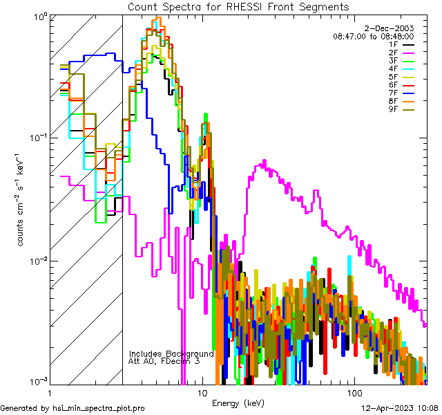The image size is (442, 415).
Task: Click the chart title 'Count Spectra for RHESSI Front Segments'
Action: point(238,6)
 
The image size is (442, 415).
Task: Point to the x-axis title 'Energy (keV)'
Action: point(238,403)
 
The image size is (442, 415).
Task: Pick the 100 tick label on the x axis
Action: point(354,393)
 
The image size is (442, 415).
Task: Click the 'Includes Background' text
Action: point(171,353)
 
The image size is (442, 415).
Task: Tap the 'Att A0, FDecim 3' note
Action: point(164,361)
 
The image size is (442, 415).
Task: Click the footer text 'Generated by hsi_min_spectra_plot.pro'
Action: point(73,409)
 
